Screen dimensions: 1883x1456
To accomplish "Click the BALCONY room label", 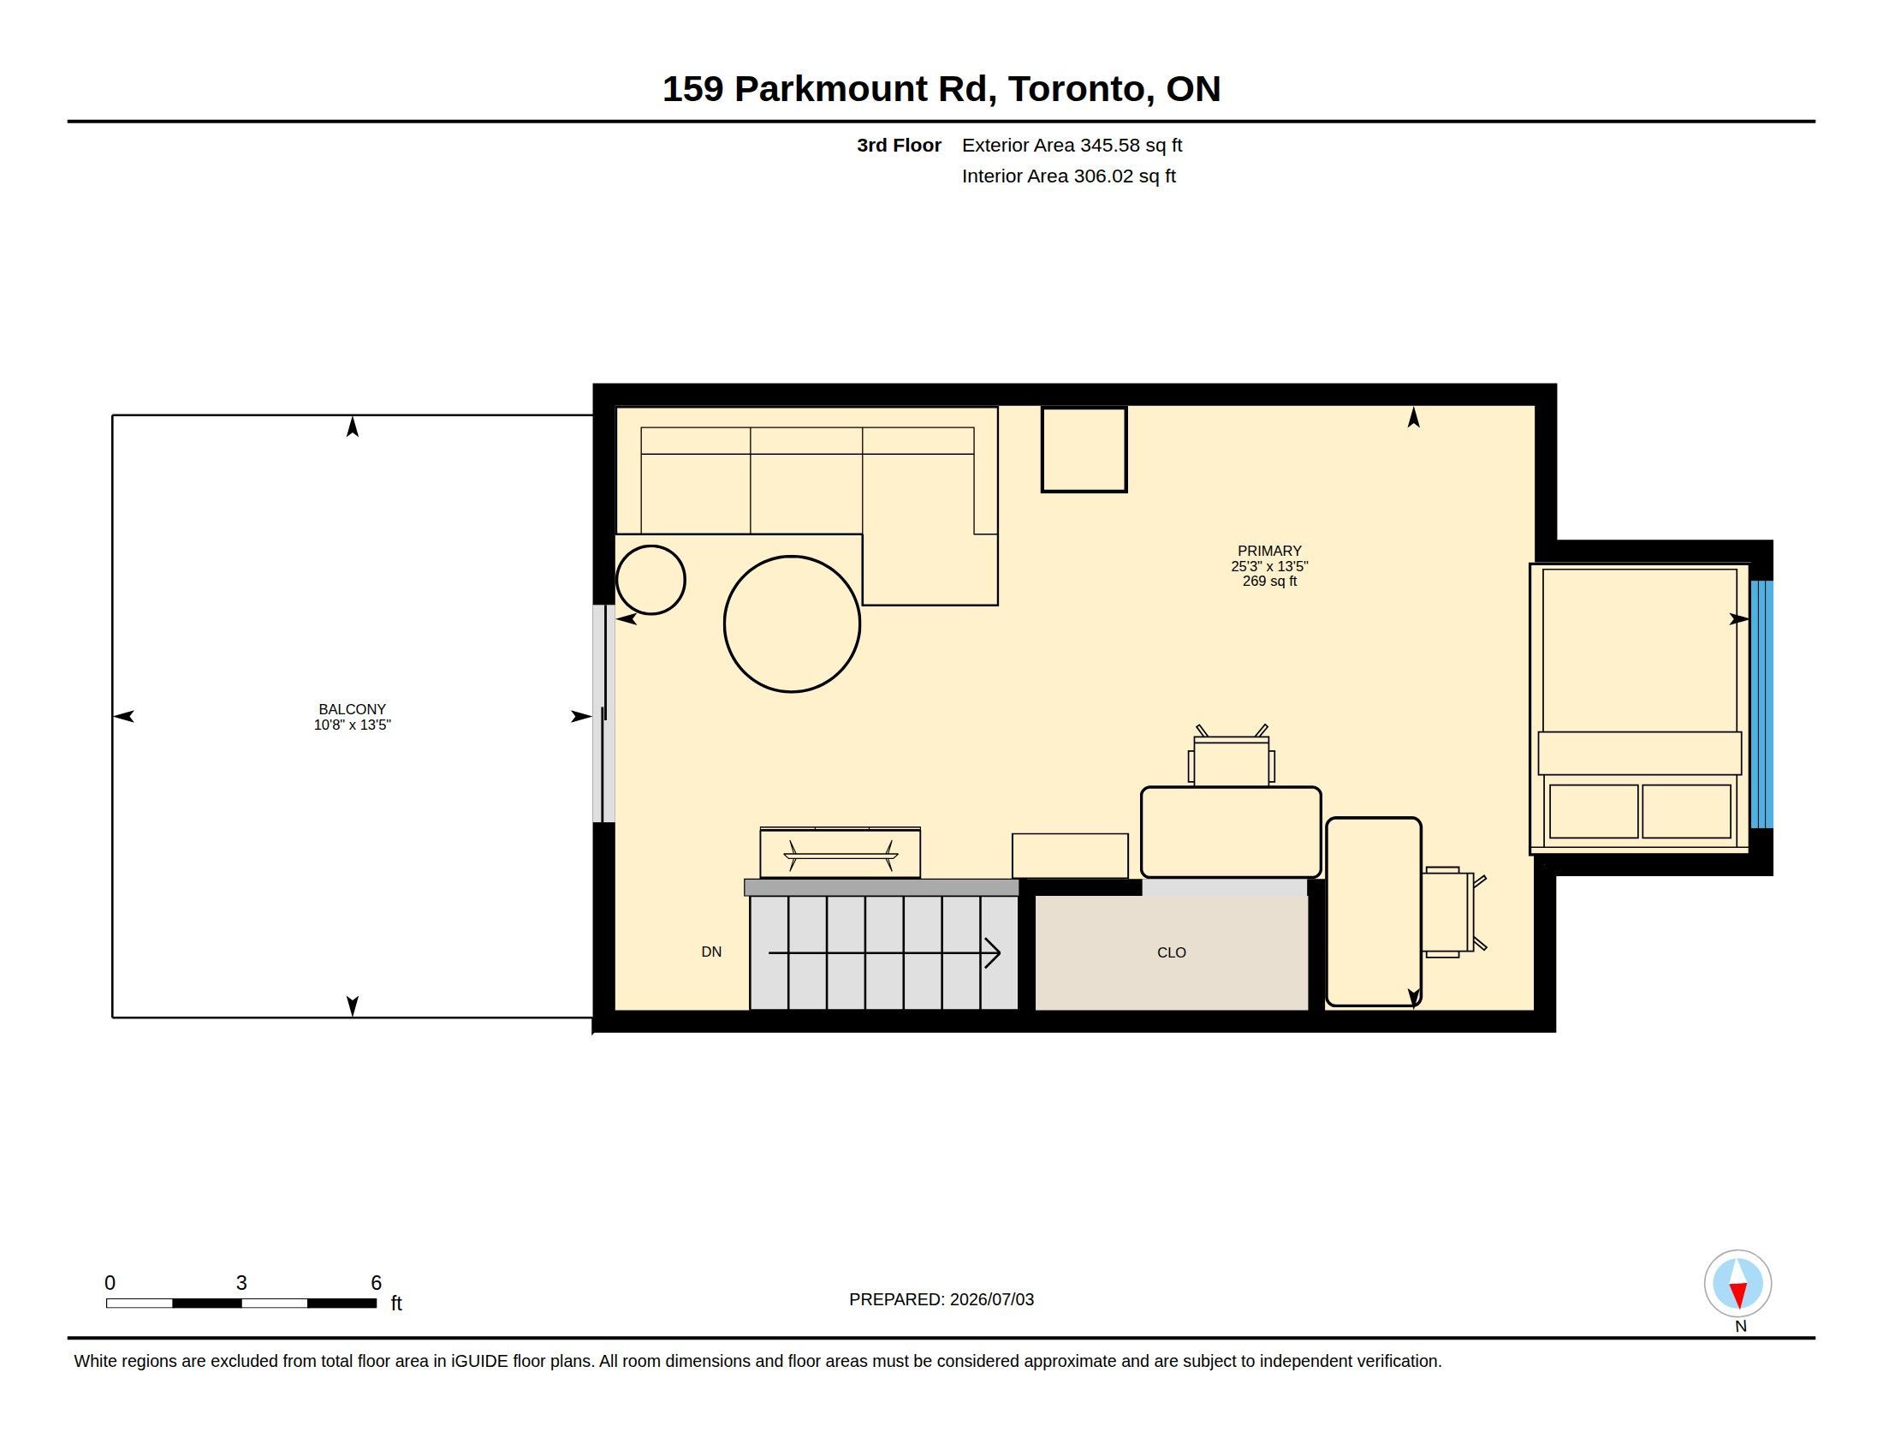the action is tap(352, 709).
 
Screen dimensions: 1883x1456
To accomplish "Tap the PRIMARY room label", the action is tap(1269, 552).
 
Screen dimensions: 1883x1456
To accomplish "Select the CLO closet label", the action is tap(1172, 952).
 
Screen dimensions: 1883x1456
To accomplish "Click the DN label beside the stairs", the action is tap(711, 952).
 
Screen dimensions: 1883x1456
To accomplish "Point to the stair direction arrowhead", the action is tap(993, 953).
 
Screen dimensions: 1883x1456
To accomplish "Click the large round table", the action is tap(792, 624).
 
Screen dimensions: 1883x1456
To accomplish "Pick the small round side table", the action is tap(650, 580).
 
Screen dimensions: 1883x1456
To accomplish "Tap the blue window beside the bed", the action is tap(1761, 704).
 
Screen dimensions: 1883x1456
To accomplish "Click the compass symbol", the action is tap(1737, 1284).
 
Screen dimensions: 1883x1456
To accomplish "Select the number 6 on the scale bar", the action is tap(376, 1283).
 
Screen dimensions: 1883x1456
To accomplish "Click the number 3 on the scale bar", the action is tap(241, 1283).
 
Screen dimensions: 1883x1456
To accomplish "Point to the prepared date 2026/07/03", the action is tap(991, 1300).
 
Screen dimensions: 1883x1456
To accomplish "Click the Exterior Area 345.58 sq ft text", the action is tap(1072, 145).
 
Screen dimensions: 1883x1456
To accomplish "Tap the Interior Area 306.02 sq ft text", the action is tap(1068, 176).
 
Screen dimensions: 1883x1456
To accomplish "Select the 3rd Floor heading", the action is tap(899, 145).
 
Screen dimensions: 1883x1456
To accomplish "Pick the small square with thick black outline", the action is tap(1084, 450).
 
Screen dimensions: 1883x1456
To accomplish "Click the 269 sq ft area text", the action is tap(1269, 582).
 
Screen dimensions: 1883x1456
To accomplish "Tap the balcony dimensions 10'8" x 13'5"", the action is tap(352, 725).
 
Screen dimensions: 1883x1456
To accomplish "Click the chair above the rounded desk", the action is tap(1231, 758).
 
